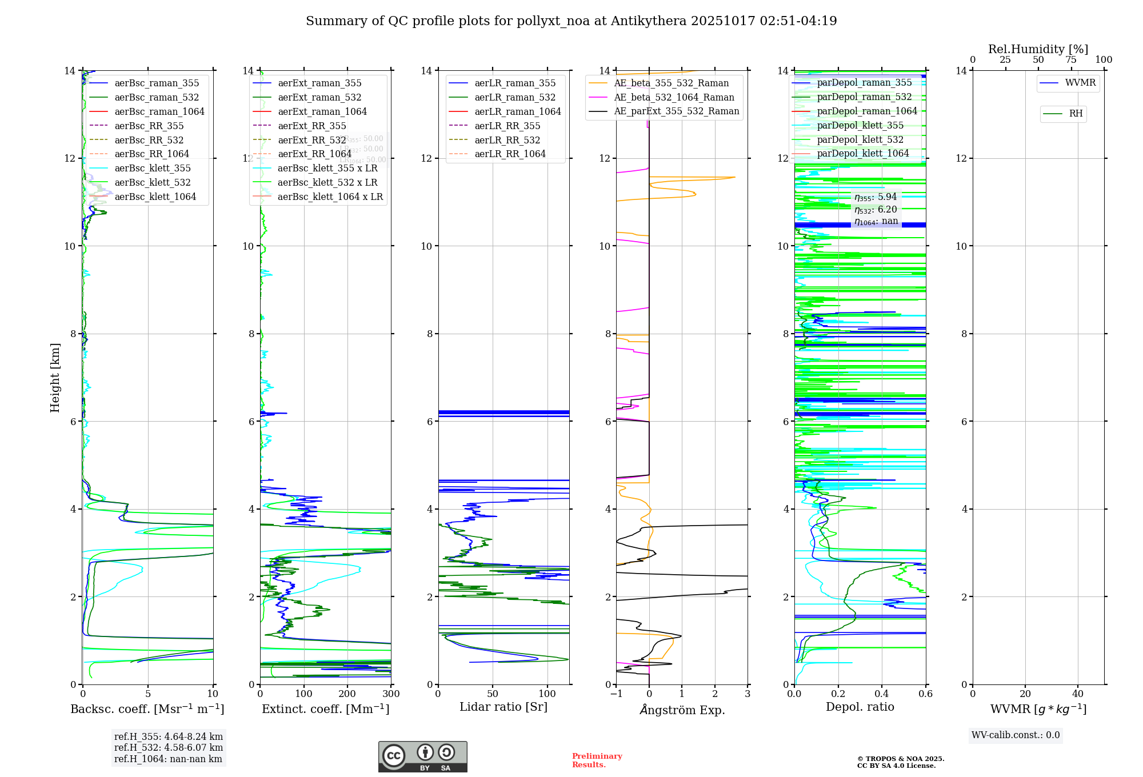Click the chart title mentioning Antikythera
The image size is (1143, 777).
tap(571, 21)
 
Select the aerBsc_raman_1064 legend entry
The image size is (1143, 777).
tap(159, 111)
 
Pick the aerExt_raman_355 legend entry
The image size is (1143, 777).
tap(319, 83)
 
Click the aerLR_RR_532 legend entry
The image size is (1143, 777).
tap(507, 140)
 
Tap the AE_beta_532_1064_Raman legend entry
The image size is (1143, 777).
tap(674, 97)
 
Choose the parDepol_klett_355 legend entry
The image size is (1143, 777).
tap(860, 125)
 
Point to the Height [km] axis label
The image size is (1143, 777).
tap(55, 378)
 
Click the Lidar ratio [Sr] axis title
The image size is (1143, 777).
tap(503, 707)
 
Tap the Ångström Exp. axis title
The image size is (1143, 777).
tap(682, 710)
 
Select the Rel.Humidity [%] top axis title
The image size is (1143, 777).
tap(1038, 49)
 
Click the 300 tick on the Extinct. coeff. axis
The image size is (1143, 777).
tap(391, 694)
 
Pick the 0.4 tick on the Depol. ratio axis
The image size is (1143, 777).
tap(882, 694)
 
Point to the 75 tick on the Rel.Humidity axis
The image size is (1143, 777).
tap(1071, 60)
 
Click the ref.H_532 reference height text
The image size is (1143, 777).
tap(169, 747)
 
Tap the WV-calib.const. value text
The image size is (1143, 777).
tap(1016, 735)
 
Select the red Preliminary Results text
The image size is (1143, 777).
tap(597, 760)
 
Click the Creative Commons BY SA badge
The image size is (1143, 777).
tap(422, 756)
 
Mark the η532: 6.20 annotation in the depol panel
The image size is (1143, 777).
tap(876, 210)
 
